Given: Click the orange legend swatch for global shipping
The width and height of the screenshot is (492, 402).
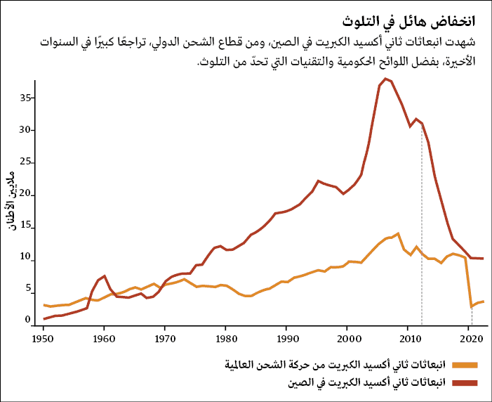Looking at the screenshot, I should [x=465, y=365].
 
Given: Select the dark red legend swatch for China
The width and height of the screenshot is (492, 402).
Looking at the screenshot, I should [x=465, y=382].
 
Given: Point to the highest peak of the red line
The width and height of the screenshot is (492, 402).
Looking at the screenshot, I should [x=385, y=79].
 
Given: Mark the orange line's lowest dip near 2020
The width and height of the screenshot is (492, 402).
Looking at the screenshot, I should [x=471, y=306].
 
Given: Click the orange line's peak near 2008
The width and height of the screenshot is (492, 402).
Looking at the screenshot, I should [x=398, y=233].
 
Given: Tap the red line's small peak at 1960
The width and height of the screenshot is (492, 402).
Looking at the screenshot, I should [x=104, y=276].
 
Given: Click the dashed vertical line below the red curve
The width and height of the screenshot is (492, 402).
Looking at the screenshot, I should [x=422, y=225].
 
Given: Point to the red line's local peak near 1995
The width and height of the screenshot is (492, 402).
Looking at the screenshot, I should [x=319, y=181].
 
